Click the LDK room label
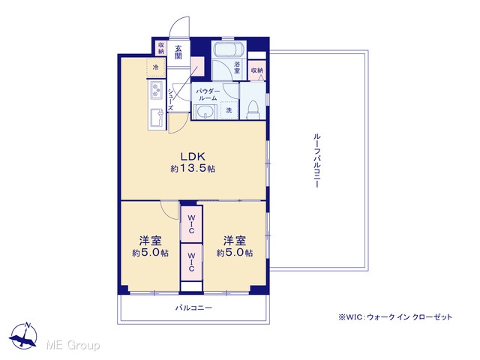(193, 157)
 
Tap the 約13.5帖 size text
(193, 168)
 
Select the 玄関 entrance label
(178, 52)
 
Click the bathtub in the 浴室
(228, 49)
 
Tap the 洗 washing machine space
(229, 110)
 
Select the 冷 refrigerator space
(156, 67)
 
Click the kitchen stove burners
(157, 90)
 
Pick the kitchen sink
(157, 118)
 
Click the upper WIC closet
(191, 224)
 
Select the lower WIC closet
(191, 262)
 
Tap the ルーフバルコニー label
(316, 160)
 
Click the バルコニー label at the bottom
(193, 307)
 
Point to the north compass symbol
(23, 336)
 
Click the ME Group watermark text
(73, 346)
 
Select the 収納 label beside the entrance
(161, 48)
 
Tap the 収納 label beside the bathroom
(256, 70)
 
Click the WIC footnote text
(395, 316)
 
